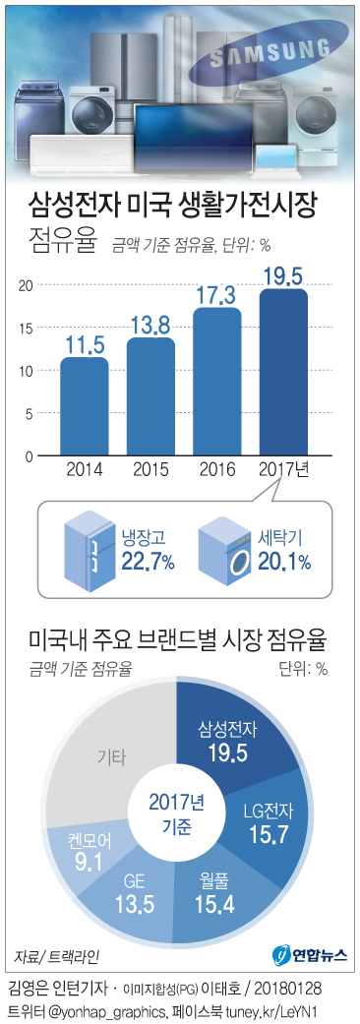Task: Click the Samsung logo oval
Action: (280, 52)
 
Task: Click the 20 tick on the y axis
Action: (26, 285)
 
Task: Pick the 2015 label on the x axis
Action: (150, 470)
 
